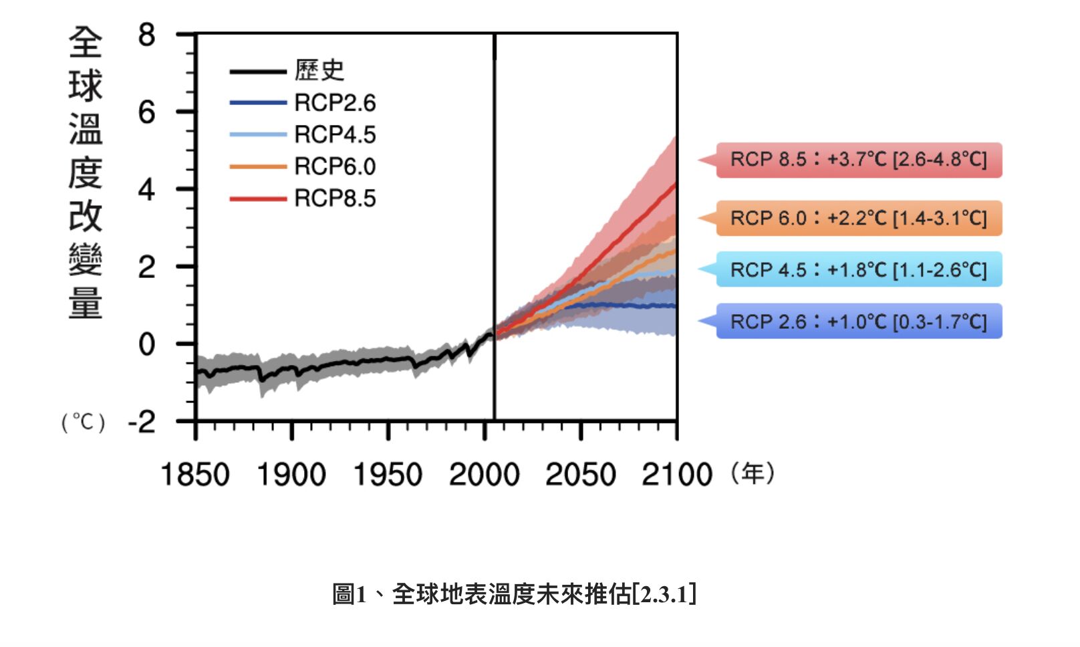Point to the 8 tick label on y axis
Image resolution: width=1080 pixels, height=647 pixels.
coord(146,35)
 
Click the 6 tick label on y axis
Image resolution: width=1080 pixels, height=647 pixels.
coord(146,112)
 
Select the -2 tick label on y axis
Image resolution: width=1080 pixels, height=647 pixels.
coord(142,422)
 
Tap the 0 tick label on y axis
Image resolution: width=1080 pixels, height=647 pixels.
coord(146,345)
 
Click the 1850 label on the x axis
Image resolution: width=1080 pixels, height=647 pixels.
coord(194,475)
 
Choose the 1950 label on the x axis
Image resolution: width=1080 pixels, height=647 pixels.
coord(388,475)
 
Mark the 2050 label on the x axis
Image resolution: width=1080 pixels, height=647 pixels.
coord(580,475)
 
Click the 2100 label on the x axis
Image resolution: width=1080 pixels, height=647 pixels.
coord(676,475)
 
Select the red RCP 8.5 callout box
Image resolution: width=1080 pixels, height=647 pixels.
coord(858,160)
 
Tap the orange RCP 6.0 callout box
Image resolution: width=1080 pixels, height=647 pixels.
coord(858,218)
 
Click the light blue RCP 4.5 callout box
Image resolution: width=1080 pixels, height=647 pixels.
coord(858,269)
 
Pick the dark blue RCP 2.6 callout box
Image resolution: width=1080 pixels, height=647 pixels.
coord(858,321)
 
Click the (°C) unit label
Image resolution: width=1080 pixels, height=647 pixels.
coord(84,422)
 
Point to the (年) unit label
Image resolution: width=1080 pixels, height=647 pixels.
coord(753,474)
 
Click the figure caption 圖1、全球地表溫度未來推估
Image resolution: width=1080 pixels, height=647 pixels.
coord(514,594)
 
